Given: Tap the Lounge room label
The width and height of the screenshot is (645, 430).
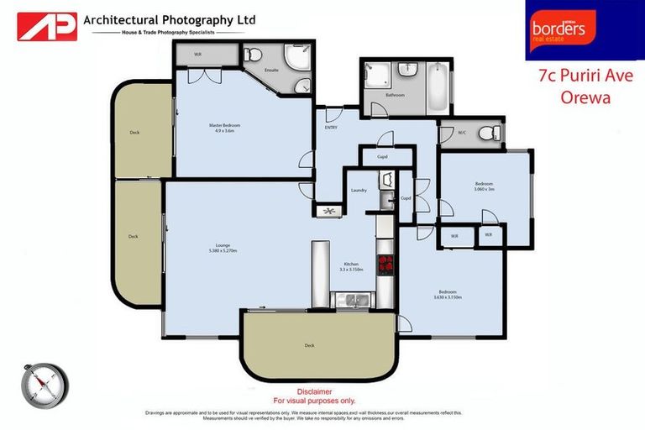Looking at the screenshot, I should coord(223,248).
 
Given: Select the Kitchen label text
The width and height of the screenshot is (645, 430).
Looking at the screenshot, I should coord(350,266).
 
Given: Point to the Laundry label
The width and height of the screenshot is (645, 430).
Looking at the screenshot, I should coord(359,191).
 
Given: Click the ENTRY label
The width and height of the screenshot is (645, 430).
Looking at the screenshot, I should coord(331,128).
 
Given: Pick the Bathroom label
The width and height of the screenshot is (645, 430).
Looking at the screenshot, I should coord(395,95).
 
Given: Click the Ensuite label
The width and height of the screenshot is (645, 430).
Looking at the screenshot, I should coord(271,71).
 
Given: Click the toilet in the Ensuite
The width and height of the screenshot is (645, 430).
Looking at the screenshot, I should coord(252,55).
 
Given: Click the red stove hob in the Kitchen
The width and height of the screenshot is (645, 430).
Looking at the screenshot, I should coord(386,265).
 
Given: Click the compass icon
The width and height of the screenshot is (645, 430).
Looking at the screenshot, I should coord(44,387).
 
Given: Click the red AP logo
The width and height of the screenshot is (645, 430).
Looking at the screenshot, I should coord(47,26).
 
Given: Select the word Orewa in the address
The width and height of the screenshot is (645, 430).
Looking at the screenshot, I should coord(585,97).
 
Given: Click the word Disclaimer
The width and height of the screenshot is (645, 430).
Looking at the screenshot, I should coord(315,391).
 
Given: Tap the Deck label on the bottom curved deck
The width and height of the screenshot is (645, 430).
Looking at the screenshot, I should coord(309,345).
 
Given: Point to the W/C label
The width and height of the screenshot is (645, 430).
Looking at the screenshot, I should coord(462,132).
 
